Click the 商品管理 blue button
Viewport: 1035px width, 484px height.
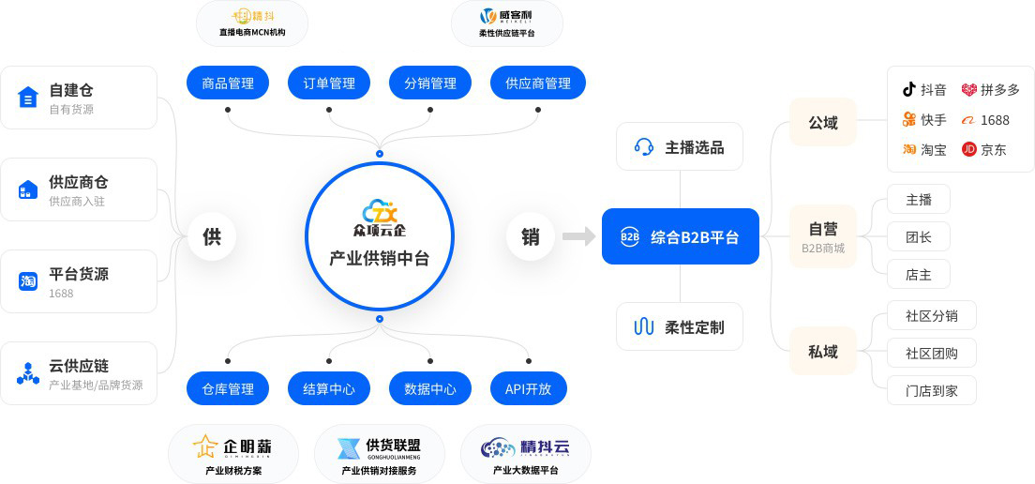(x=228, y=83)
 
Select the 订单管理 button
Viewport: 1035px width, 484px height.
(x=329, y=83)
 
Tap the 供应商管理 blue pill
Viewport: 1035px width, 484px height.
(x=538, y=83)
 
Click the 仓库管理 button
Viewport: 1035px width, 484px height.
(x=228, y=388)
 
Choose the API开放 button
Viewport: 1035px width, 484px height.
(x=529, y=388)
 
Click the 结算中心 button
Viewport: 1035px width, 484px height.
(x=329, y=388)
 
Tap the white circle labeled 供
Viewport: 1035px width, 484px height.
(x=212, y=236)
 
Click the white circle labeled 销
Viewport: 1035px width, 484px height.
(x=531, y=236)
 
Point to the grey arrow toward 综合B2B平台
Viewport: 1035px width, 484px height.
(x=579, y=236)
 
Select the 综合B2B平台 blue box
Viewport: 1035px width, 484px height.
(x=681, y=236)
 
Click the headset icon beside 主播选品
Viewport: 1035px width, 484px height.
(x=644, y=146)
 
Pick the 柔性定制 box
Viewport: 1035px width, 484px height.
(x=680, y=326)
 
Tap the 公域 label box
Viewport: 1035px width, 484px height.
(x=823, y=122)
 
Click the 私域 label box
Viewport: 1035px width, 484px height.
(x=823, y=352)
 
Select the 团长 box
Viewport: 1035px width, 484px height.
(x=919, y=236)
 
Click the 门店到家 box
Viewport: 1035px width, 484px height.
(x=932, y=390)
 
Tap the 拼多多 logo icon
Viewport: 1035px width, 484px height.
(x=968, y=90)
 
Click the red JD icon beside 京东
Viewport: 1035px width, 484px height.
(x=969, y=149)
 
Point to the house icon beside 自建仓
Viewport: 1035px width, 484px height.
(x=28, y=97)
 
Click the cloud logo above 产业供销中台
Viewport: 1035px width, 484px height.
(x=380, y=211)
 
